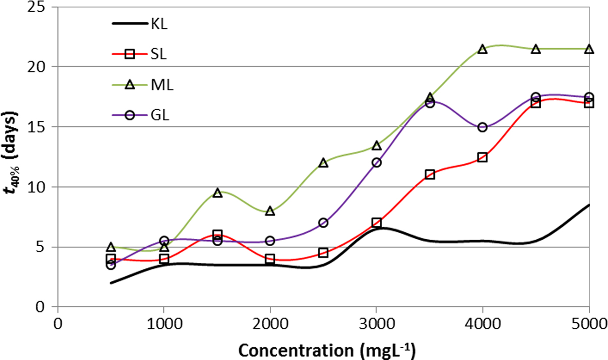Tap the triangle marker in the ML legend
click(129, 85)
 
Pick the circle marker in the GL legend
click(129, 116)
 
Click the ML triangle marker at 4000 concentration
click(482, 49)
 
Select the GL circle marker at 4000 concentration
click(482, 127)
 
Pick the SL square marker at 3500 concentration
click(430, 175)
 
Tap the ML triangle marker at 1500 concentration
click(218, 193)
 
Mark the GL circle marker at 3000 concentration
click(377, 162)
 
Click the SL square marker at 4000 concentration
click(482, 157)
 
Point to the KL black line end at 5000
click(588, 205)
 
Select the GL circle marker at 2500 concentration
click(323, 223)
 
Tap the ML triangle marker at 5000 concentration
click(589, 49)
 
